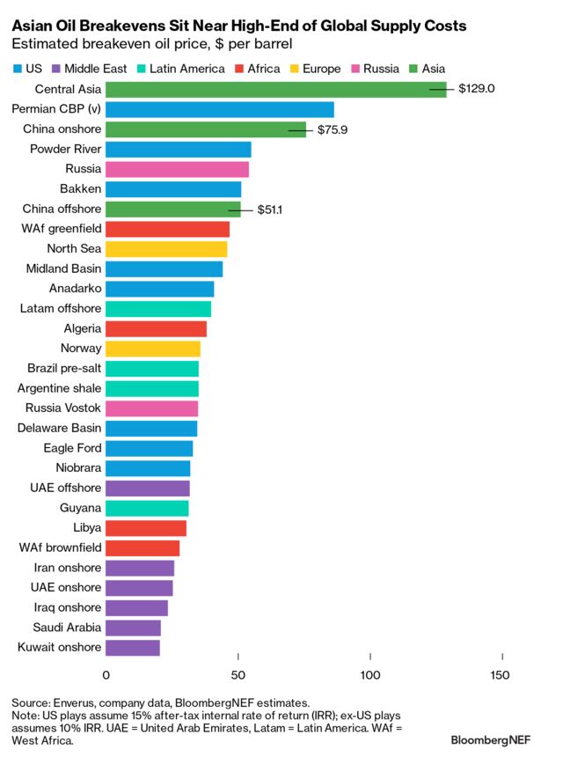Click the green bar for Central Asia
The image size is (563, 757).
[x=275, y=89]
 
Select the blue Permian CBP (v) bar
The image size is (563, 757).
[x=219, y=109]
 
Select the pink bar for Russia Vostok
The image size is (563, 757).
[x=151, y=408]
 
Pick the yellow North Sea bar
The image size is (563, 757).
[x=165, y=249]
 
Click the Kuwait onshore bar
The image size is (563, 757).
[x=132, y=648]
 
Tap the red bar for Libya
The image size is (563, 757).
[x=145, y=528]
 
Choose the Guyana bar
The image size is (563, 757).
[x=146, y=508]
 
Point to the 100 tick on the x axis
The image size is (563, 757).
[x=370, y=675]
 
